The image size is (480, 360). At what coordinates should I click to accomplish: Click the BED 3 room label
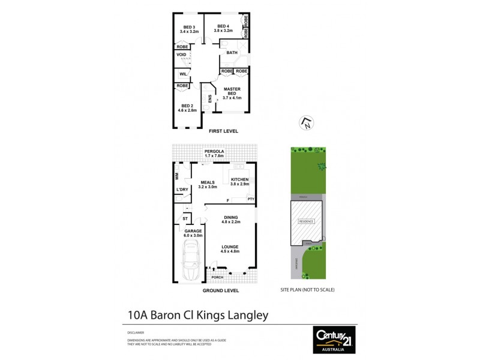point(188,28)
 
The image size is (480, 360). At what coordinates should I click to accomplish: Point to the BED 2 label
point(188,107)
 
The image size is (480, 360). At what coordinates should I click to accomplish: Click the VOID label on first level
point(181,55)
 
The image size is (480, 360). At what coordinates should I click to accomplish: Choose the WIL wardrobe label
point(182,74)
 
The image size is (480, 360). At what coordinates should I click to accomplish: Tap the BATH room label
point(232,53)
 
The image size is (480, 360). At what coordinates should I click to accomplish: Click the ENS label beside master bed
point(209,100)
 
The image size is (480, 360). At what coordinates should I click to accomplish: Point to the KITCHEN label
point(239,181)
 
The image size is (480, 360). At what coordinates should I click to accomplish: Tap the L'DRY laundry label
point(182,190)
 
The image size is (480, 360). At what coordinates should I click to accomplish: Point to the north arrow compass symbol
point(306,123)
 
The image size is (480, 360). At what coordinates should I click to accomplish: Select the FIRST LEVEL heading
point(223,130)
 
